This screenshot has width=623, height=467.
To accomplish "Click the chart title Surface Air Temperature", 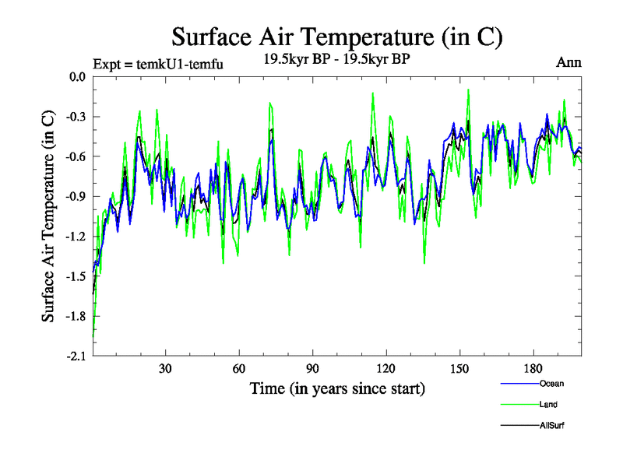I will click(x=336, y=37).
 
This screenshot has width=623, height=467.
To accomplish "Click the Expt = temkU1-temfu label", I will click(x=158, y=65).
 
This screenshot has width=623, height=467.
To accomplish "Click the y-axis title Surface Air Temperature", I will click(x=48, y=216).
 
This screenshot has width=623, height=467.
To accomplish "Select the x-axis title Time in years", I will click(x=337, y=388).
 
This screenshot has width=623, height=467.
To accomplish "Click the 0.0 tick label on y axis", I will click(x=76, y=77).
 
